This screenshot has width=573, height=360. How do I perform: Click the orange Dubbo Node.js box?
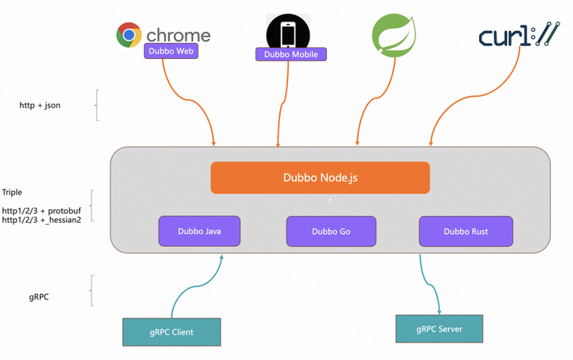(x=320, y=178)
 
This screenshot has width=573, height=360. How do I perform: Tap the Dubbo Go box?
(x=330, y=231)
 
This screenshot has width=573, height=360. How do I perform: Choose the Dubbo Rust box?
(x=466, y=231)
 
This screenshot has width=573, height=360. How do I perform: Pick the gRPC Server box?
(x=439, y=328)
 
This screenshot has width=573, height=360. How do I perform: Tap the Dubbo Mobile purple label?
(x=291, y=54)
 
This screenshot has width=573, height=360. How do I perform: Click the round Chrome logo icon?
(x=129, y=35)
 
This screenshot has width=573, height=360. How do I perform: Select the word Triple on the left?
(x=12, y=192)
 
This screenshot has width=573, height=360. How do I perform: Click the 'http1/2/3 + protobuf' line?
(x=41, y=209)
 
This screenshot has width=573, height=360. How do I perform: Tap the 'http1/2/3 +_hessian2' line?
(x=41, y=219)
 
